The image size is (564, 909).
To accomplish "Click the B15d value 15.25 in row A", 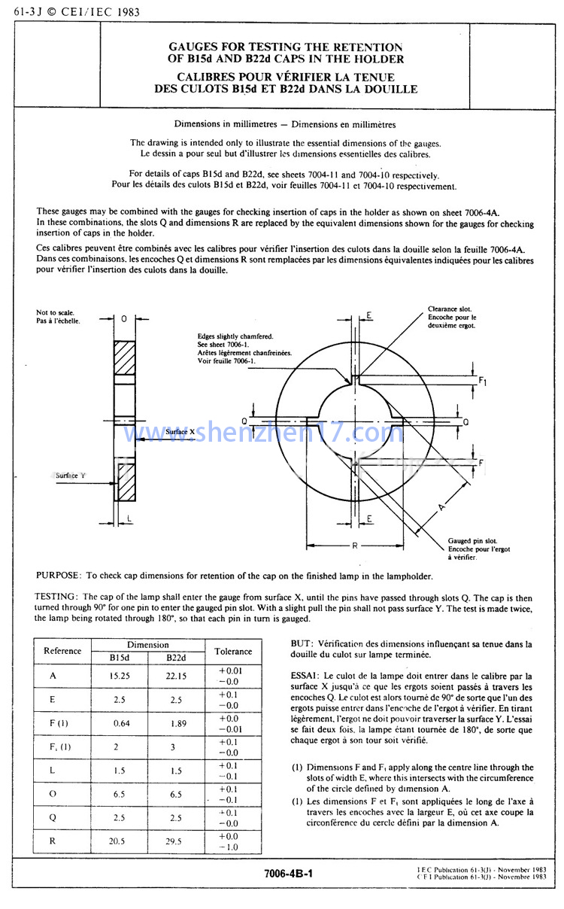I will click(119, 676).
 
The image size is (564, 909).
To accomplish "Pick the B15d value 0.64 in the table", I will click(119, 724).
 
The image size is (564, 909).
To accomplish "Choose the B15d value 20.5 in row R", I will click(119, 841).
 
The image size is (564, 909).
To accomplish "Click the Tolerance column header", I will click(233, 652).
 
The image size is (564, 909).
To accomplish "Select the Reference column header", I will click(62, 652).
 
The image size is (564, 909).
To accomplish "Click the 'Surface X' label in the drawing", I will click(180, 432).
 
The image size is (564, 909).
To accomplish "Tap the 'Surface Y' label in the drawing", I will click(71, 476).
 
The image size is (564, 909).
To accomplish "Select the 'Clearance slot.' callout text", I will click(449, 309).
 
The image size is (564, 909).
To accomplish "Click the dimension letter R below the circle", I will click(355, 545).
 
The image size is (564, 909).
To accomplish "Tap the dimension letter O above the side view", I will click(123, 319).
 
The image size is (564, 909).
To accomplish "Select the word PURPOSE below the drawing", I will click(58, 576).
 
